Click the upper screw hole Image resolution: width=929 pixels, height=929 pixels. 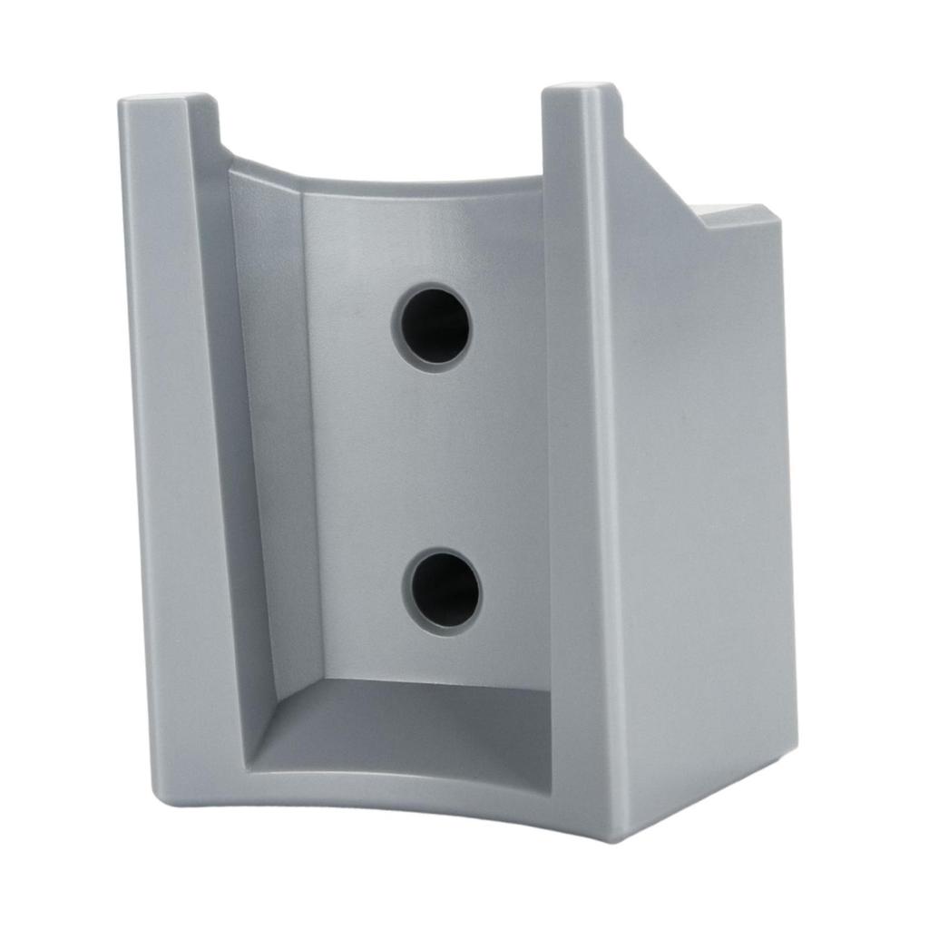tap(433, 327)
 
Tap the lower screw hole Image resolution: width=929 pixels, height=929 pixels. tap(443, 591)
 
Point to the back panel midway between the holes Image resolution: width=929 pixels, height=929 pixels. tap(435, 458)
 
